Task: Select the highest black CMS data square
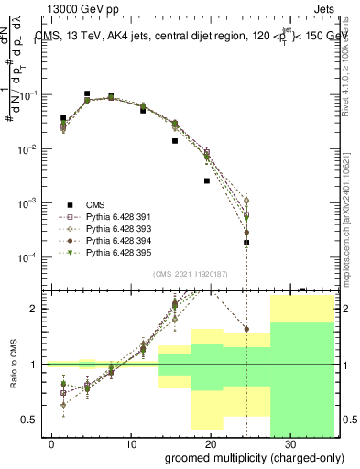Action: tap(87, 93)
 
